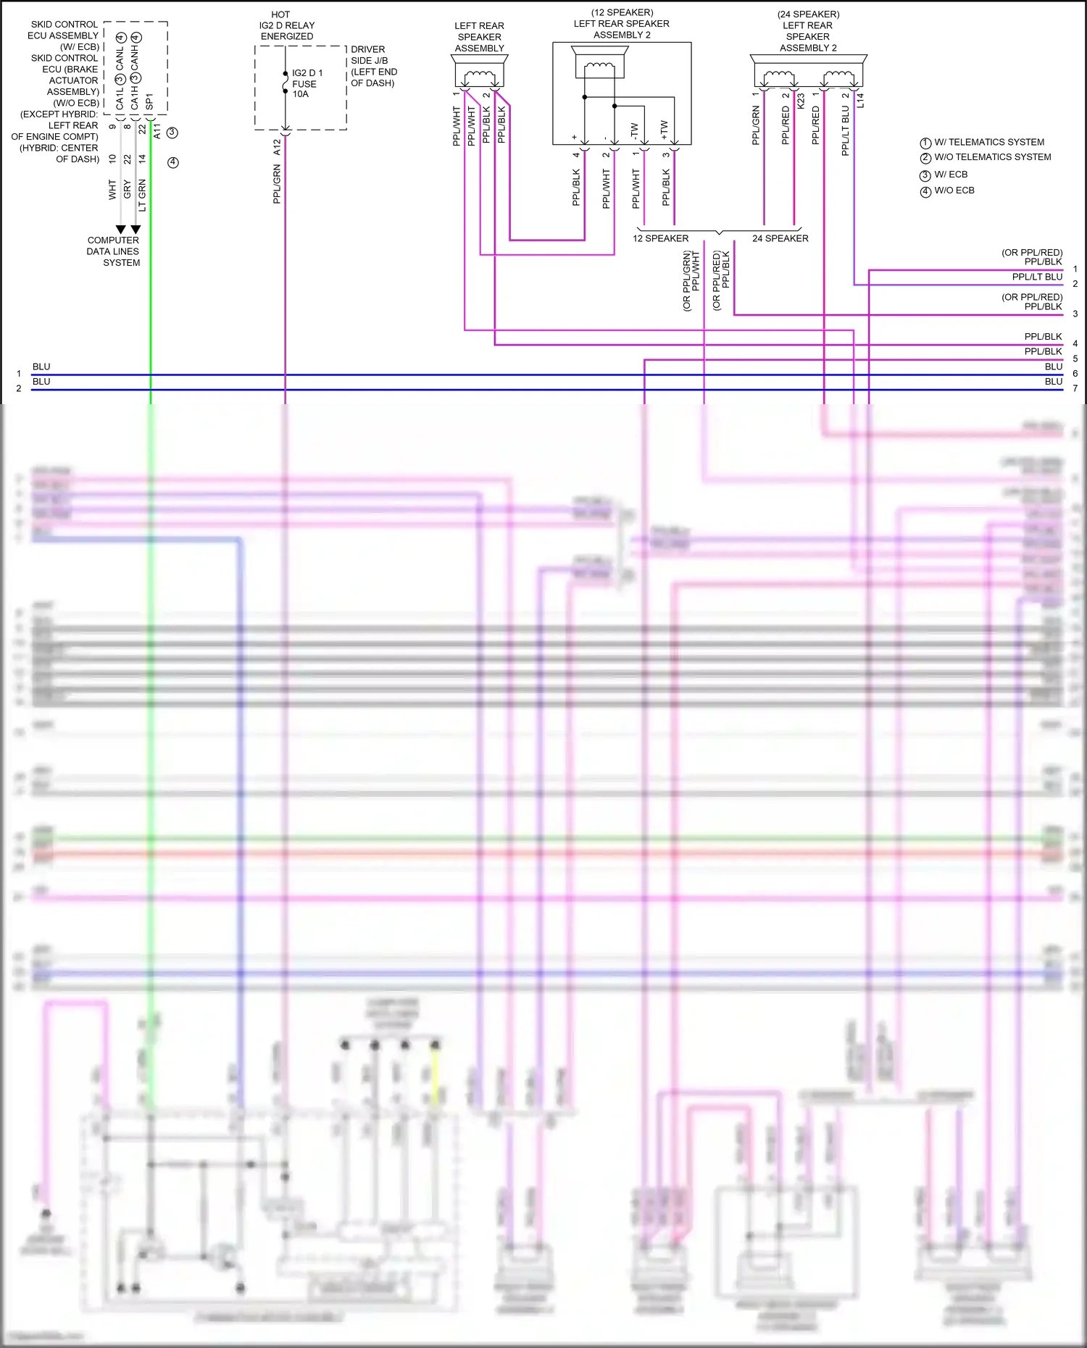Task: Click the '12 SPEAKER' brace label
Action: (660, 238)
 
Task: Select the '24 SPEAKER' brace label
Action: (780, 238)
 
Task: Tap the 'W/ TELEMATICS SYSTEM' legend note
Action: (988, 143)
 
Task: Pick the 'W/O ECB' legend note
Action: (954, 191)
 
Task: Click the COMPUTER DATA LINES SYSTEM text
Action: (113, 251)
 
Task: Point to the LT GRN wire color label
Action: (142, 195)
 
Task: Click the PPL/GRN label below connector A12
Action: (277, 184)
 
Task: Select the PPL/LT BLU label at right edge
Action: (1036, 277)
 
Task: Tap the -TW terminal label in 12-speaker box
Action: (634, 131)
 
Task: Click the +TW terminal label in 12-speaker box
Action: (664, 130)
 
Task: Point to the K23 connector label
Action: (801, 101)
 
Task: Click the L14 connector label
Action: (860, 100)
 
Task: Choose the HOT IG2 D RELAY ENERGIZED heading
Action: (287, 25)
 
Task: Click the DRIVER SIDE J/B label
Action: (373, 66)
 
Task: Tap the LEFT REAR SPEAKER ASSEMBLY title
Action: (479, 37)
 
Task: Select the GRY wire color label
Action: (128, 190)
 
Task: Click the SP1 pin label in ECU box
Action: (149, 101)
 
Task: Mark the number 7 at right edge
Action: (1075, 389)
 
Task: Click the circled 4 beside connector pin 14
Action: (172, 162)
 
